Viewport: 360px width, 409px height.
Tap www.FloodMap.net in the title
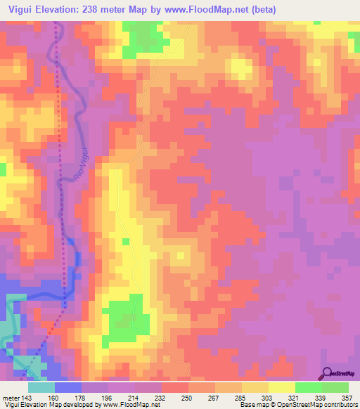tap(199, 10)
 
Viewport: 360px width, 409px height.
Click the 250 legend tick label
tap(187, 398)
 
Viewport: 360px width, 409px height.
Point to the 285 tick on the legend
tap(240, 398)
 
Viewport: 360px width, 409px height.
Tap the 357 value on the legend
tap(346, 398)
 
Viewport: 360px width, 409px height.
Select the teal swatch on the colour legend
tap(41, 387)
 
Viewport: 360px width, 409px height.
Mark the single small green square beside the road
tap(126, 242)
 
